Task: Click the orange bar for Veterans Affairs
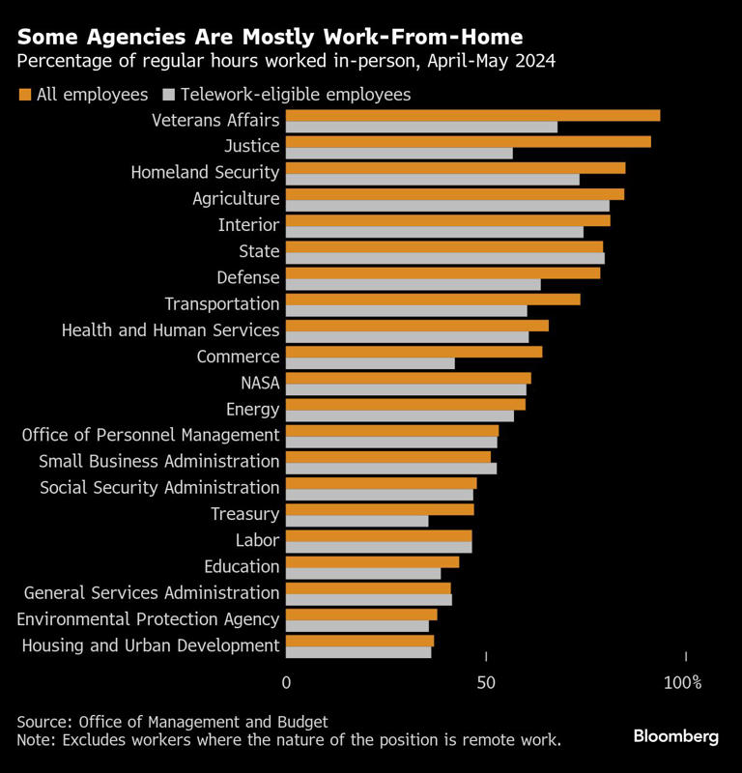tap(473, 115)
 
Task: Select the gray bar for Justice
tap(399, 153)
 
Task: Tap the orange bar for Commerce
tap(414, 351)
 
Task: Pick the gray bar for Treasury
tap(357, 521)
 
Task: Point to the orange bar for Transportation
tap(433, 299)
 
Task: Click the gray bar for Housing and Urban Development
tap(358, 652)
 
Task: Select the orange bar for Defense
tap(442, 272)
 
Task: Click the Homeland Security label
tap(205, 172)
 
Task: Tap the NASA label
tap(260, 383)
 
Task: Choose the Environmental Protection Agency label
tap(148, 618)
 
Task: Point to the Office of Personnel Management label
tap(151, 435)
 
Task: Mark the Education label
tap(242, 566)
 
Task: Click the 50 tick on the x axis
tap(486, 683)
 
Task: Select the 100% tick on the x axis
tap(683, 683)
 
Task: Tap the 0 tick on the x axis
tap(286, 683)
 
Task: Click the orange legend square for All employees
tap(24, 95)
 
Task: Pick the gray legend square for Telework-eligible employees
tap(169, 95)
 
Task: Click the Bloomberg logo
tap(675, 736)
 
